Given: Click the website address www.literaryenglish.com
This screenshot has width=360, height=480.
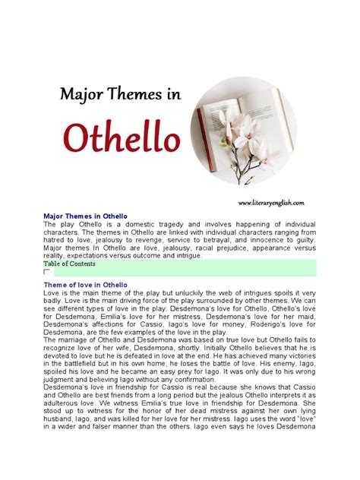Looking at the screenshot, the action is (271, 203).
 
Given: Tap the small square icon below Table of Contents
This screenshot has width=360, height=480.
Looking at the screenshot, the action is (47, 271).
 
